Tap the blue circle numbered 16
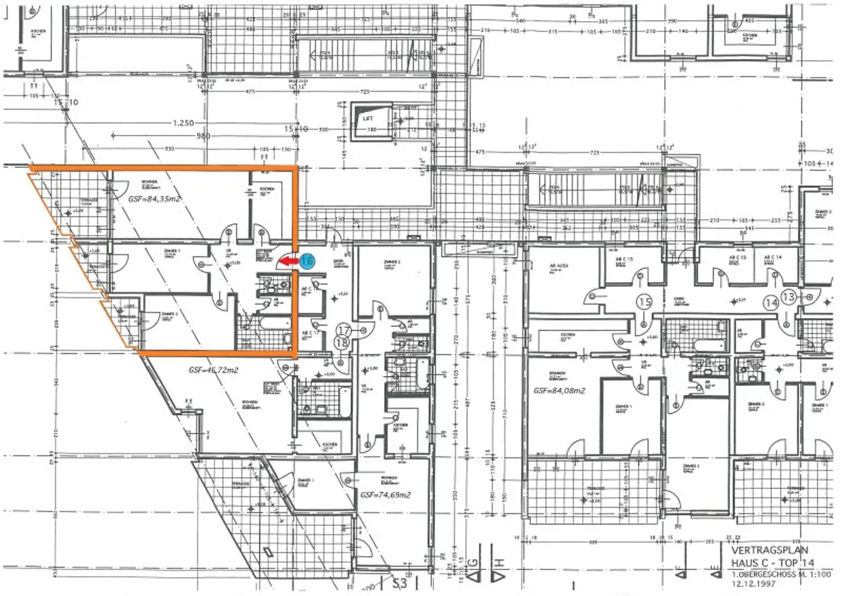308,262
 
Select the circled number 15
645,302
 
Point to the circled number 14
772,302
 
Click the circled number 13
788,297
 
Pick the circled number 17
344,330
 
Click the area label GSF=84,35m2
155,200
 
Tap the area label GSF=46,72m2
213,370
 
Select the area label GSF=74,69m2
385,495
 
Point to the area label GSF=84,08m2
559,391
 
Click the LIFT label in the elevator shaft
368,118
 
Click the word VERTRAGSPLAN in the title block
770,550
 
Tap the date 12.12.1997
753,583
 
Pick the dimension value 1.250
184,123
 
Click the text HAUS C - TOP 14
772,563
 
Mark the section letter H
499,563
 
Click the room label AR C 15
624,259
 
